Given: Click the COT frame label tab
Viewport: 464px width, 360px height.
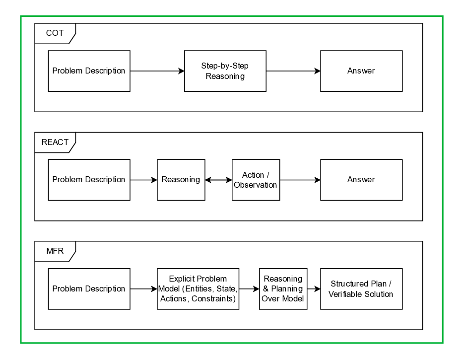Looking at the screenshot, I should click(55, 33).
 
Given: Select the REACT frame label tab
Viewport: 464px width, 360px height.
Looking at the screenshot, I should click(55, 142).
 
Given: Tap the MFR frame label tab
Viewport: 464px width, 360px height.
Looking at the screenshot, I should click(55, 251).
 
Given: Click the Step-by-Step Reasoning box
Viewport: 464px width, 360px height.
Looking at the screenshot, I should click(225, 71).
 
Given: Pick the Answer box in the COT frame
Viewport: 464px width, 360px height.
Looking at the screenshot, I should click(361, 71).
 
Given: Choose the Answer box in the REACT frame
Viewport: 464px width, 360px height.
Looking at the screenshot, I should click(361, 180).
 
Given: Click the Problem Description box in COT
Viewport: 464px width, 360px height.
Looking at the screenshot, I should click(89, 71).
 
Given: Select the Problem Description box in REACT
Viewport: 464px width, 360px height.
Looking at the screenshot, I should click(89, 180).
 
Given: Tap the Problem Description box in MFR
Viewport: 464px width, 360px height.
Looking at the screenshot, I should click(89, 289).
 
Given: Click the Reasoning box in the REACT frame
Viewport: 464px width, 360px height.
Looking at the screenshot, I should click(181, 180).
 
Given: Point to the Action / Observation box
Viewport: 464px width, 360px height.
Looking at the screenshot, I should click(256, 180).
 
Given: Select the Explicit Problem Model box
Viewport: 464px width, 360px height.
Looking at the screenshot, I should click(198, 289).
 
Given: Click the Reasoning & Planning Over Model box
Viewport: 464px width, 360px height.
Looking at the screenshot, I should click(283, 289).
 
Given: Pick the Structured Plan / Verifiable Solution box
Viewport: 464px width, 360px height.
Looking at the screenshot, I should click(361, 289).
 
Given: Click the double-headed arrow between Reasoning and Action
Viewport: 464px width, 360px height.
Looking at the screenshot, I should click(218, 180).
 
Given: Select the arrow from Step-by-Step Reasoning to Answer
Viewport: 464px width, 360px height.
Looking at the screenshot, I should click(293, 71).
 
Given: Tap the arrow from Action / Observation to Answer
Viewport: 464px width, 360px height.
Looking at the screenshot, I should click(300, 180).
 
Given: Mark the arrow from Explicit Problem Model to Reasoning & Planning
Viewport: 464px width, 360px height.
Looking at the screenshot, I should click(249, 289).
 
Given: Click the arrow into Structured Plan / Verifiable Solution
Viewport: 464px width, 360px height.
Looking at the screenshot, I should click(314, 289).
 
